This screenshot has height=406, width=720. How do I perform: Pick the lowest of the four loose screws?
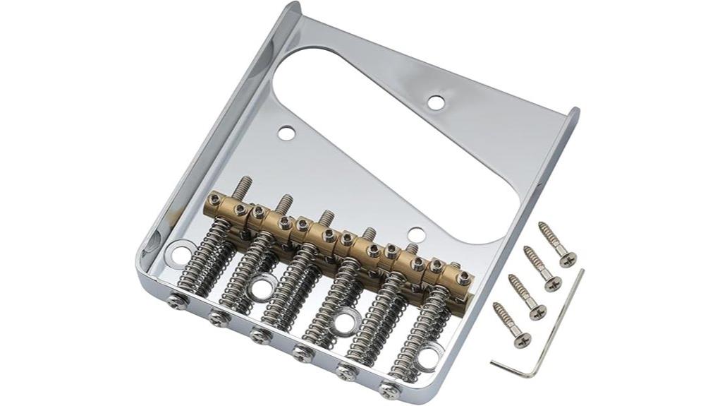click(x=511, y=325)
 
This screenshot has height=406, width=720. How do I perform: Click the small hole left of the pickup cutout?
click(x=286, y=131)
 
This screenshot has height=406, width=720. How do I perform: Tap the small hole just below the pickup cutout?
click(x=417, y=234)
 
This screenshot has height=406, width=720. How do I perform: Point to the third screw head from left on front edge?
click(x=260, y=334)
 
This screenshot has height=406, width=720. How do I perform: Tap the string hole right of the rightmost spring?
click(x=428, y=358)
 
